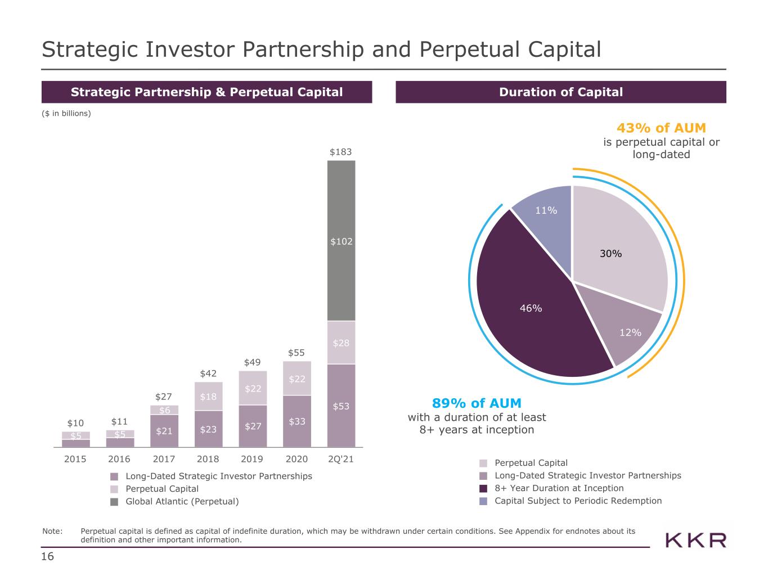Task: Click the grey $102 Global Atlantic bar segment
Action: [341, 241]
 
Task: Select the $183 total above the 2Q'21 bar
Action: [340, 152]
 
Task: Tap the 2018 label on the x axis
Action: [208, 459]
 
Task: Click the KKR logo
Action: [695, 541]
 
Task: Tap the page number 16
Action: [47, 556]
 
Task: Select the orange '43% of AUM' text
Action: [661, 128]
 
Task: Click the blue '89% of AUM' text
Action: [477, 403]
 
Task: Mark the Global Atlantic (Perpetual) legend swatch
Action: [114, 502]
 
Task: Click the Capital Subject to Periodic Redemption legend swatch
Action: [483, 501]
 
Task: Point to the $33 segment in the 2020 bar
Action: [297, 421]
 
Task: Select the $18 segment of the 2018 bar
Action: [208, 396]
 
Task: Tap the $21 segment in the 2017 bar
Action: [164, 431]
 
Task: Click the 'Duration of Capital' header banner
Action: [561, 92]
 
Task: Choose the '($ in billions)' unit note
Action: [66, 113]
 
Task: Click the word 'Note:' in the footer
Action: [52, 531]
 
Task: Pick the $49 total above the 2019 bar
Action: [252, 362]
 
